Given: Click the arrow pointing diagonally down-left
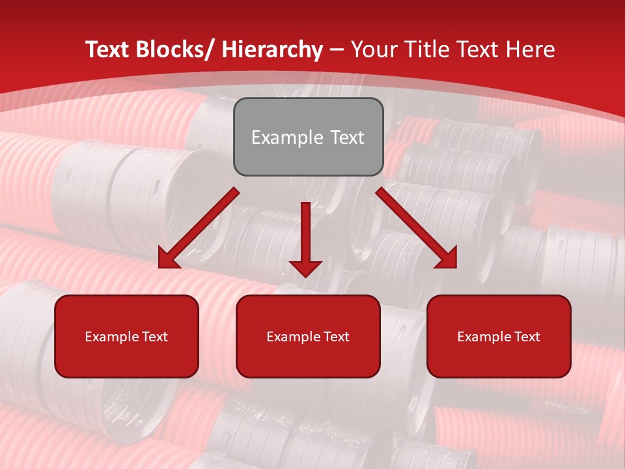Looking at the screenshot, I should [199, 228].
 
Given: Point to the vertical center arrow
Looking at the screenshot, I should [306, 234].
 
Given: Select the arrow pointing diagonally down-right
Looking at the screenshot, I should [417, 228].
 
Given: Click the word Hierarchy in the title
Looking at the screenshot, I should [272, 50].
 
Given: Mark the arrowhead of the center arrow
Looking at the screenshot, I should [306, 268].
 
